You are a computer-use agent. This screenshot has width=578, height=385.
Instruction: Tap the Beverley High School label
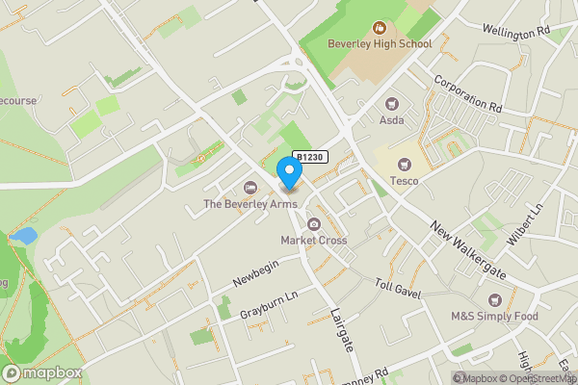point(379,43)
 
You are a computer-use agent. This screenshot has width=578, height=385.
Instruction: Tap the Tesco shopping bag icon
point(404,165)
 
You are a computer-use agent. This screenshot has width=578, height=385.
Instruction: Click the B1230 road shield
point(310,157)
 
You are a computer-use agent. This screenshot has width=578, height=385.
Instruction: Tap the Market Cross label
point(314,240)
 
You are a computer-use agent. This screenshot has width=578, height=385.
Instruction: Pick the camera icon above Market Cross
point(314,224)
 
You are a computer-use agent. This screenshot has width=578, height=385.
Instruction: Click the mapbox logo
point(42,372)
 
